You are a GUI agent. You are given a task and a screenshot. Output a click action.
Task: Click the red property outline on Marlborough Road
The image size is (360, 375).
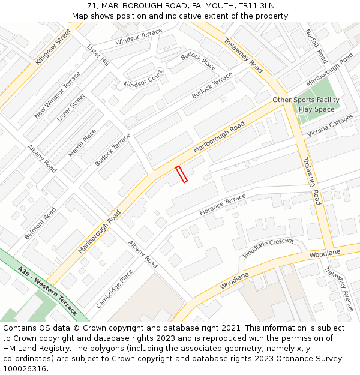(181, 174)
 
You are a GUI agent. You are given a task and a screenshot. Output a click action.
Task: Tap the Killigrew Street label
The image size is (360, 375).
(53, 47)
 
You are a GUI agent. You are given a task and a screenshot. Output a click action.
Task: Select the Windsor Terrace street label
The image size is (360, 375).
(139, 37)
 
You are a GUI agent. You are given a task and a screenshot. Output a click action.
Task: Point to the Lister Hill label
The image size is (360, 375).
(98, 55)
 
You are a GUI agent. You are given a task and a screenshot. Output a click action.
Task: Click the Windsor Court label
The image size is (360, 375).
(143, 77)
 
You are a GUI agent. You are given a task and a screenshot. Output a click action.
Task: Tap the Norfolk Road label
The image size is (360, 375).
(316, 46)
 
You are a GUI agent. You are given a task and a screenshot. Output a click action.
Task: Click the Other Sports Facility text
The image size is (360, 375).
(306, 100)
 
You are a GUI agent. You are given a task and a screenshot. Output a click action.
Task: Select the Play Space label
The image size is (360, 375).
(316, 109)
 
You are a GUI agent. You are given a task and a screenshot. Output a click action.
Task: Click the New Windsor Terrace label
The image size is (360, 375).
(58, 95)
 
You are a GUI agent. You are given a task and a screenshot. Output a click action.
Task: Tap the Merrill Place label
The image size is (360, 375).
(82, 143)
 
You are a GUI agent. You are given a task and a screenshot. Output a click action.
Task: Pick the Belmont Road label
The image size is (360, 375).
(40, 223)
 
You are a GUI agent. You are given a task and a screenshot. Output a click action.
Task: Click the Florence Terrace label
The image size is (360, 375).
(223, 205)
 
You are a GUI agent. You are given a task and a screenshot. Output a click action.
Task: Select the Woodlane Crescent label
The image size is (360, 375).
(268, 247)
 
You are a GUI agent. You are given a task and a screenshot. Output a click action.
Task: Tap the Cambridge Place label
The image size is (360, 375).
(115, 288)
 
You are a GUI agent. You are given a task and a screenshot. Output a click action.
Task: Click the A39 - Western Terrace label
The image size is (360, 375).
(47, 291)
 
